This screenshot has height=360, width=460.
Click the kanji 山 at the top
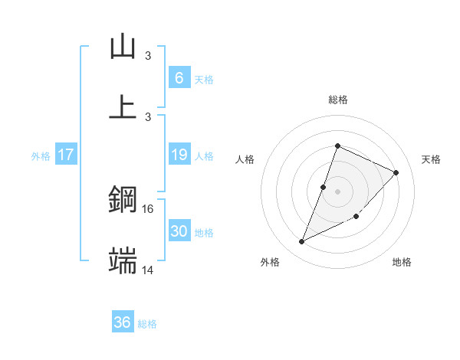coord(123,47)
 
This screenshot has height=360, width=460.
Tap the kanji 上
coord(123,106)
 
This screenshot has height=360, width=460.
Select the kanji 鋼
coord(123,201)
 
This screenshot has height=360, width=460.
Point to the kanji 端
coord(123,260)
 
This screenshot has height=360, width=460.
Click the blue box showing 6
coord(179,77)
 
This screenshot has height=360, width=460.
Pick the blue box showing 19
coord(179,155)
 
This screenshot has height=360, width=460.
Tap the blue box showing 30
coord(179,231)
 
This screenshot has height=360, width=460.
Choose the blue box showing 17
coord(66,155)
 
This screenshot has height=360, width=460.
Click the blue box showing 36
coord(123,322)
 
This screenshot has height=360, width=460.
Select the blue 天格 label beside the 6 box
coord(204,79)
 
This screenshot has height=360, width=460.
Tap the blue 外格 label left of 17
coord(41,155)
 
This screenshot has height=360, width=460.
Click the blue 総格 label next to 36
coord(147,324)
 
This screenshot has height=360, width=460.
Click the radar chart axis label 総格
coord(337,100)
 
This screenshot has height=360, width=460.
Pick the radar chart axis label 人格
coord(245,159)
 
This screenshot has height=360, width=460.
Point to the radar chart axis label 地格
coord(402,262)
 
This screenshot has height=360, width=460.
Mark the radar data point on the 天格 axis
coord(396,172)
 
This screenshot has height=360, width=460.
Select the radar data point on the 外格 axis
coord(302,242)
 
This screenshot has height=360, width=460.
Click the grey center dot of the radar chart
coord(337,191)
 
